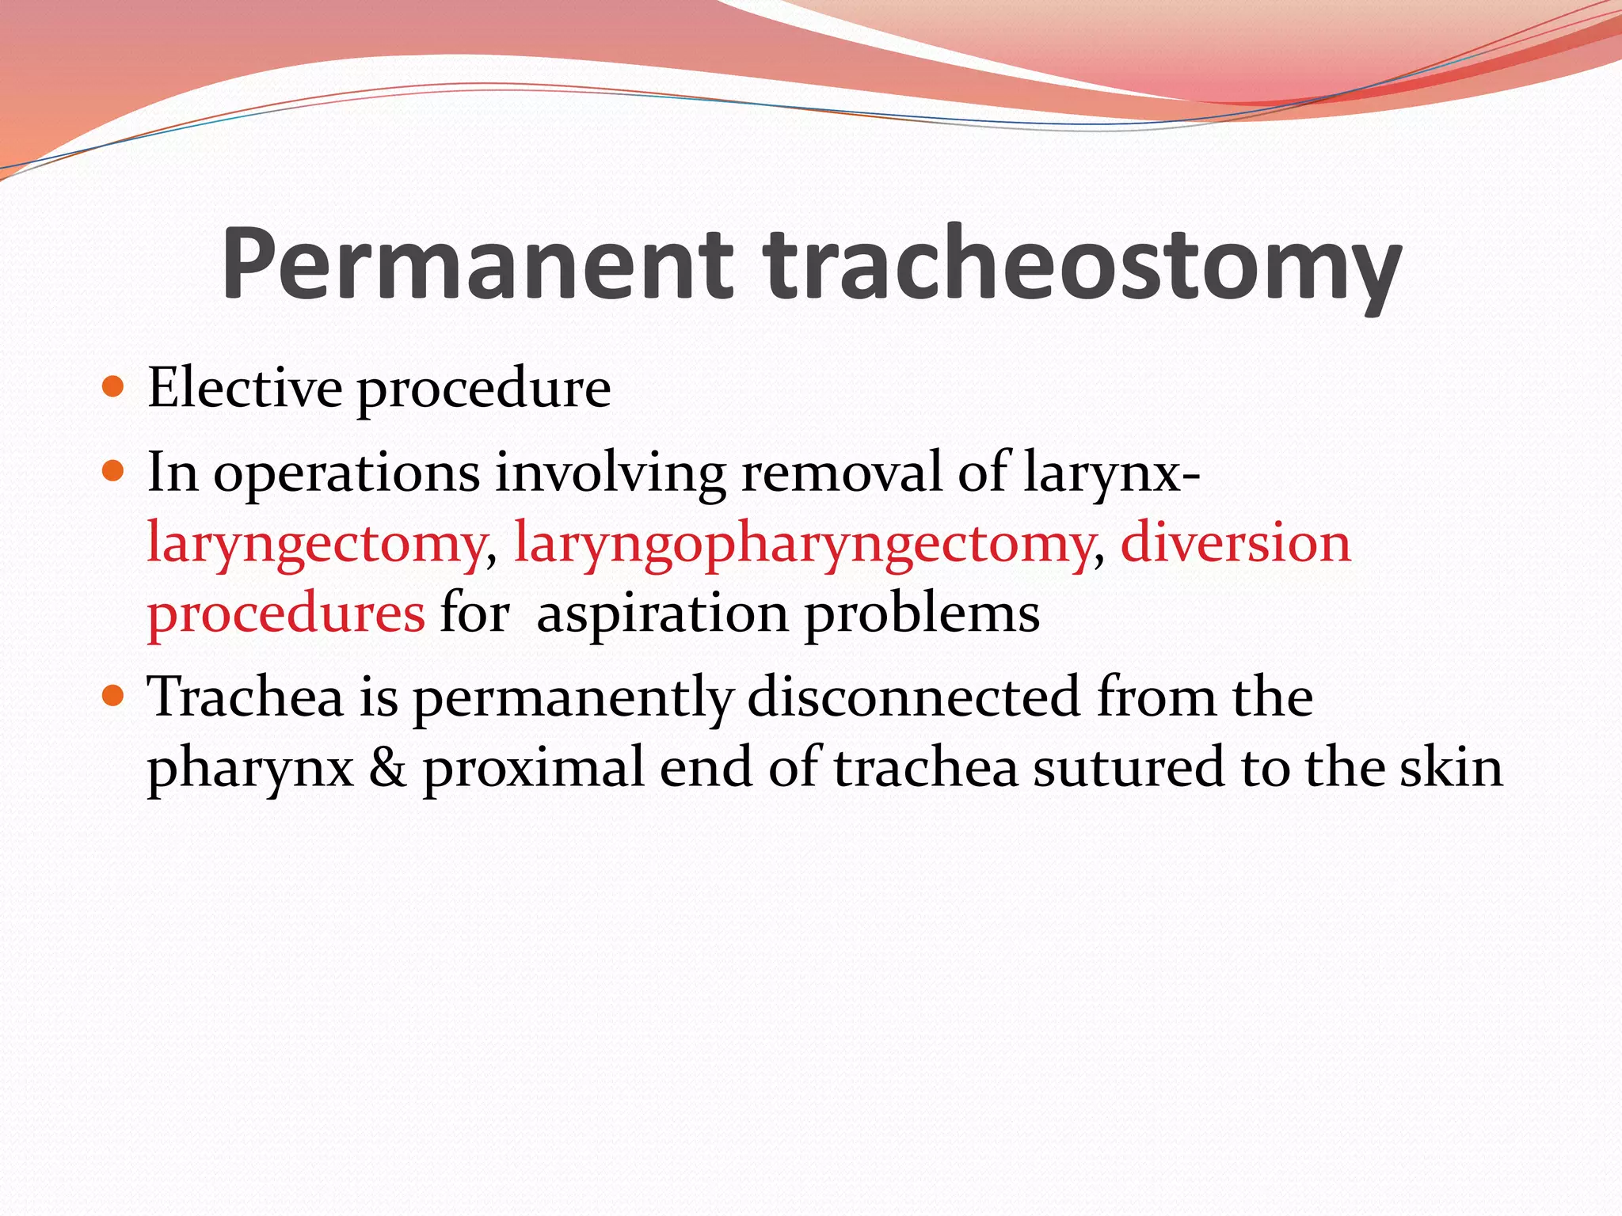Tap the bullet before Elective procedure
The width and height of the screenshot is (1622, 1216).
point(114,388)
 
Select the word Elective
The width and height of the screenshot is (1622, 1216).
point(245,388)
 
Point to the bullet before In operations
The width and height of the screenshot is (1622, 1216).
point(114,472)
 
